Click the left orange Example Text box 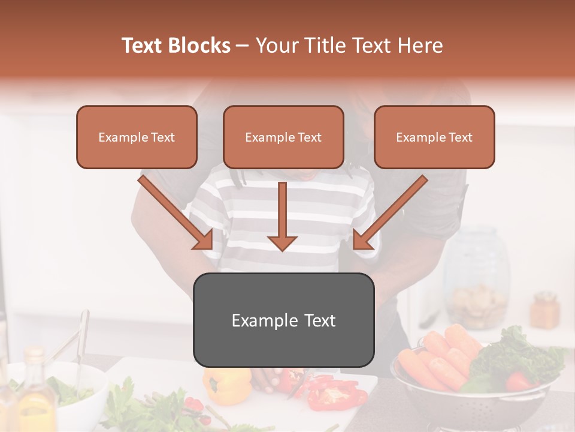click(x=137, y=137)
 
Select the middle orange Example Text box click(x=283, y=137)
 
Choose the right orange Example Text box click(x=434, y=137)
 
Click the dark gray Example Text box click(x=283, y=320)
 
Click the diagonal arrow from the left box click(x=176, y=212)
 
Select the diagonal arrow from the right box click(x=389, y=212)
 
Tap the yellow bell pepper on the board click(x=228, y=384)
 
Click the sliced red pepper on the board click(x=335, y=393)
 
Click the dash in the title click(x=243, y=46)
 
